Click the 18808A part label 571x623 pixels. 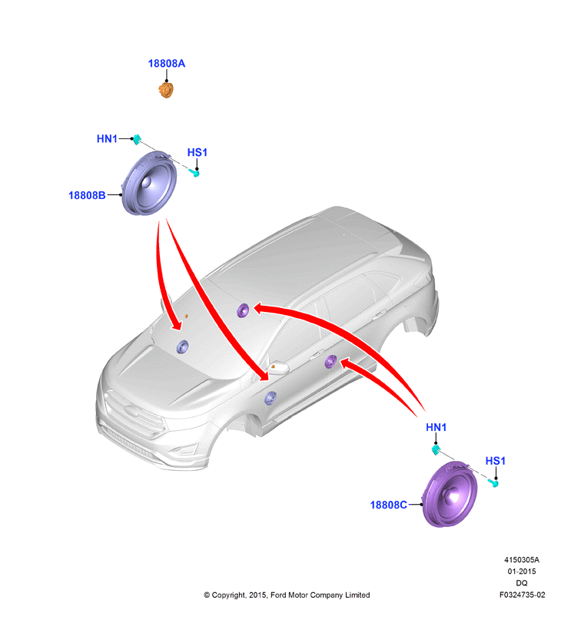[167, 64]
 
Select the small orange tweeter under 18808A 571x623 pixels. [166, 90]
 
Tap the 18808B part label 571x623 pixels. [87, 195]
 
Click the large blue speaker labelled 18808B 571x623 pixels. [149, 184]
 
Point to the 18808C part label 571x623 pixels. [389, 505]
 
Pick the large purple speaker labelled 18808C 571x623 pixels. [450, 494]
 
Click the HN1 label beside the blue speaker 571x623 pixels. [108, 139]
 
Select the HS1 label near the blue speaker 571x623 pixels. [198, 153]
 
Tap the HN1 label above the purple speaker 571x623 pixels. [437, 428]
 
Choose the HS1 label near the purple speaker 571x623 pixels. [496, 461]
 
